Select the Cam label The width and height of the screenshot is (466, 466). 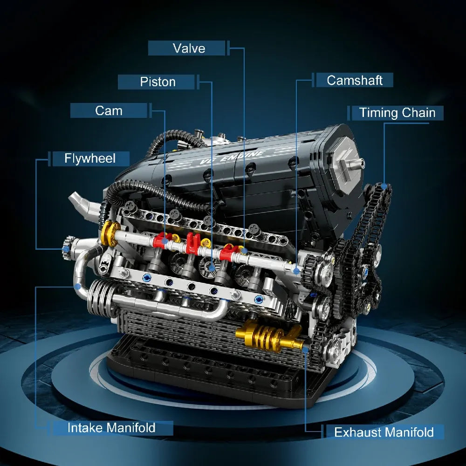pos(109,111)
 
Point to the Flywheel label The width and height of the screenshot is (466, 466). pos(89,158)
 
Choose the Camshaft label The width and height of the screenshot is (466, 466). pos(354,80)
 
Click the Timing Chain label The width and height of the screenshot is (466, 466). pos(397,113)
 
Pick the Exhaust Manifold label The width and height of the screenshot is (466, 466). pos(384,432)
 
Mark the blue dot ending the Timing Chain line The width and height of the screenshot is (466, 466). pos(384,186)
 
